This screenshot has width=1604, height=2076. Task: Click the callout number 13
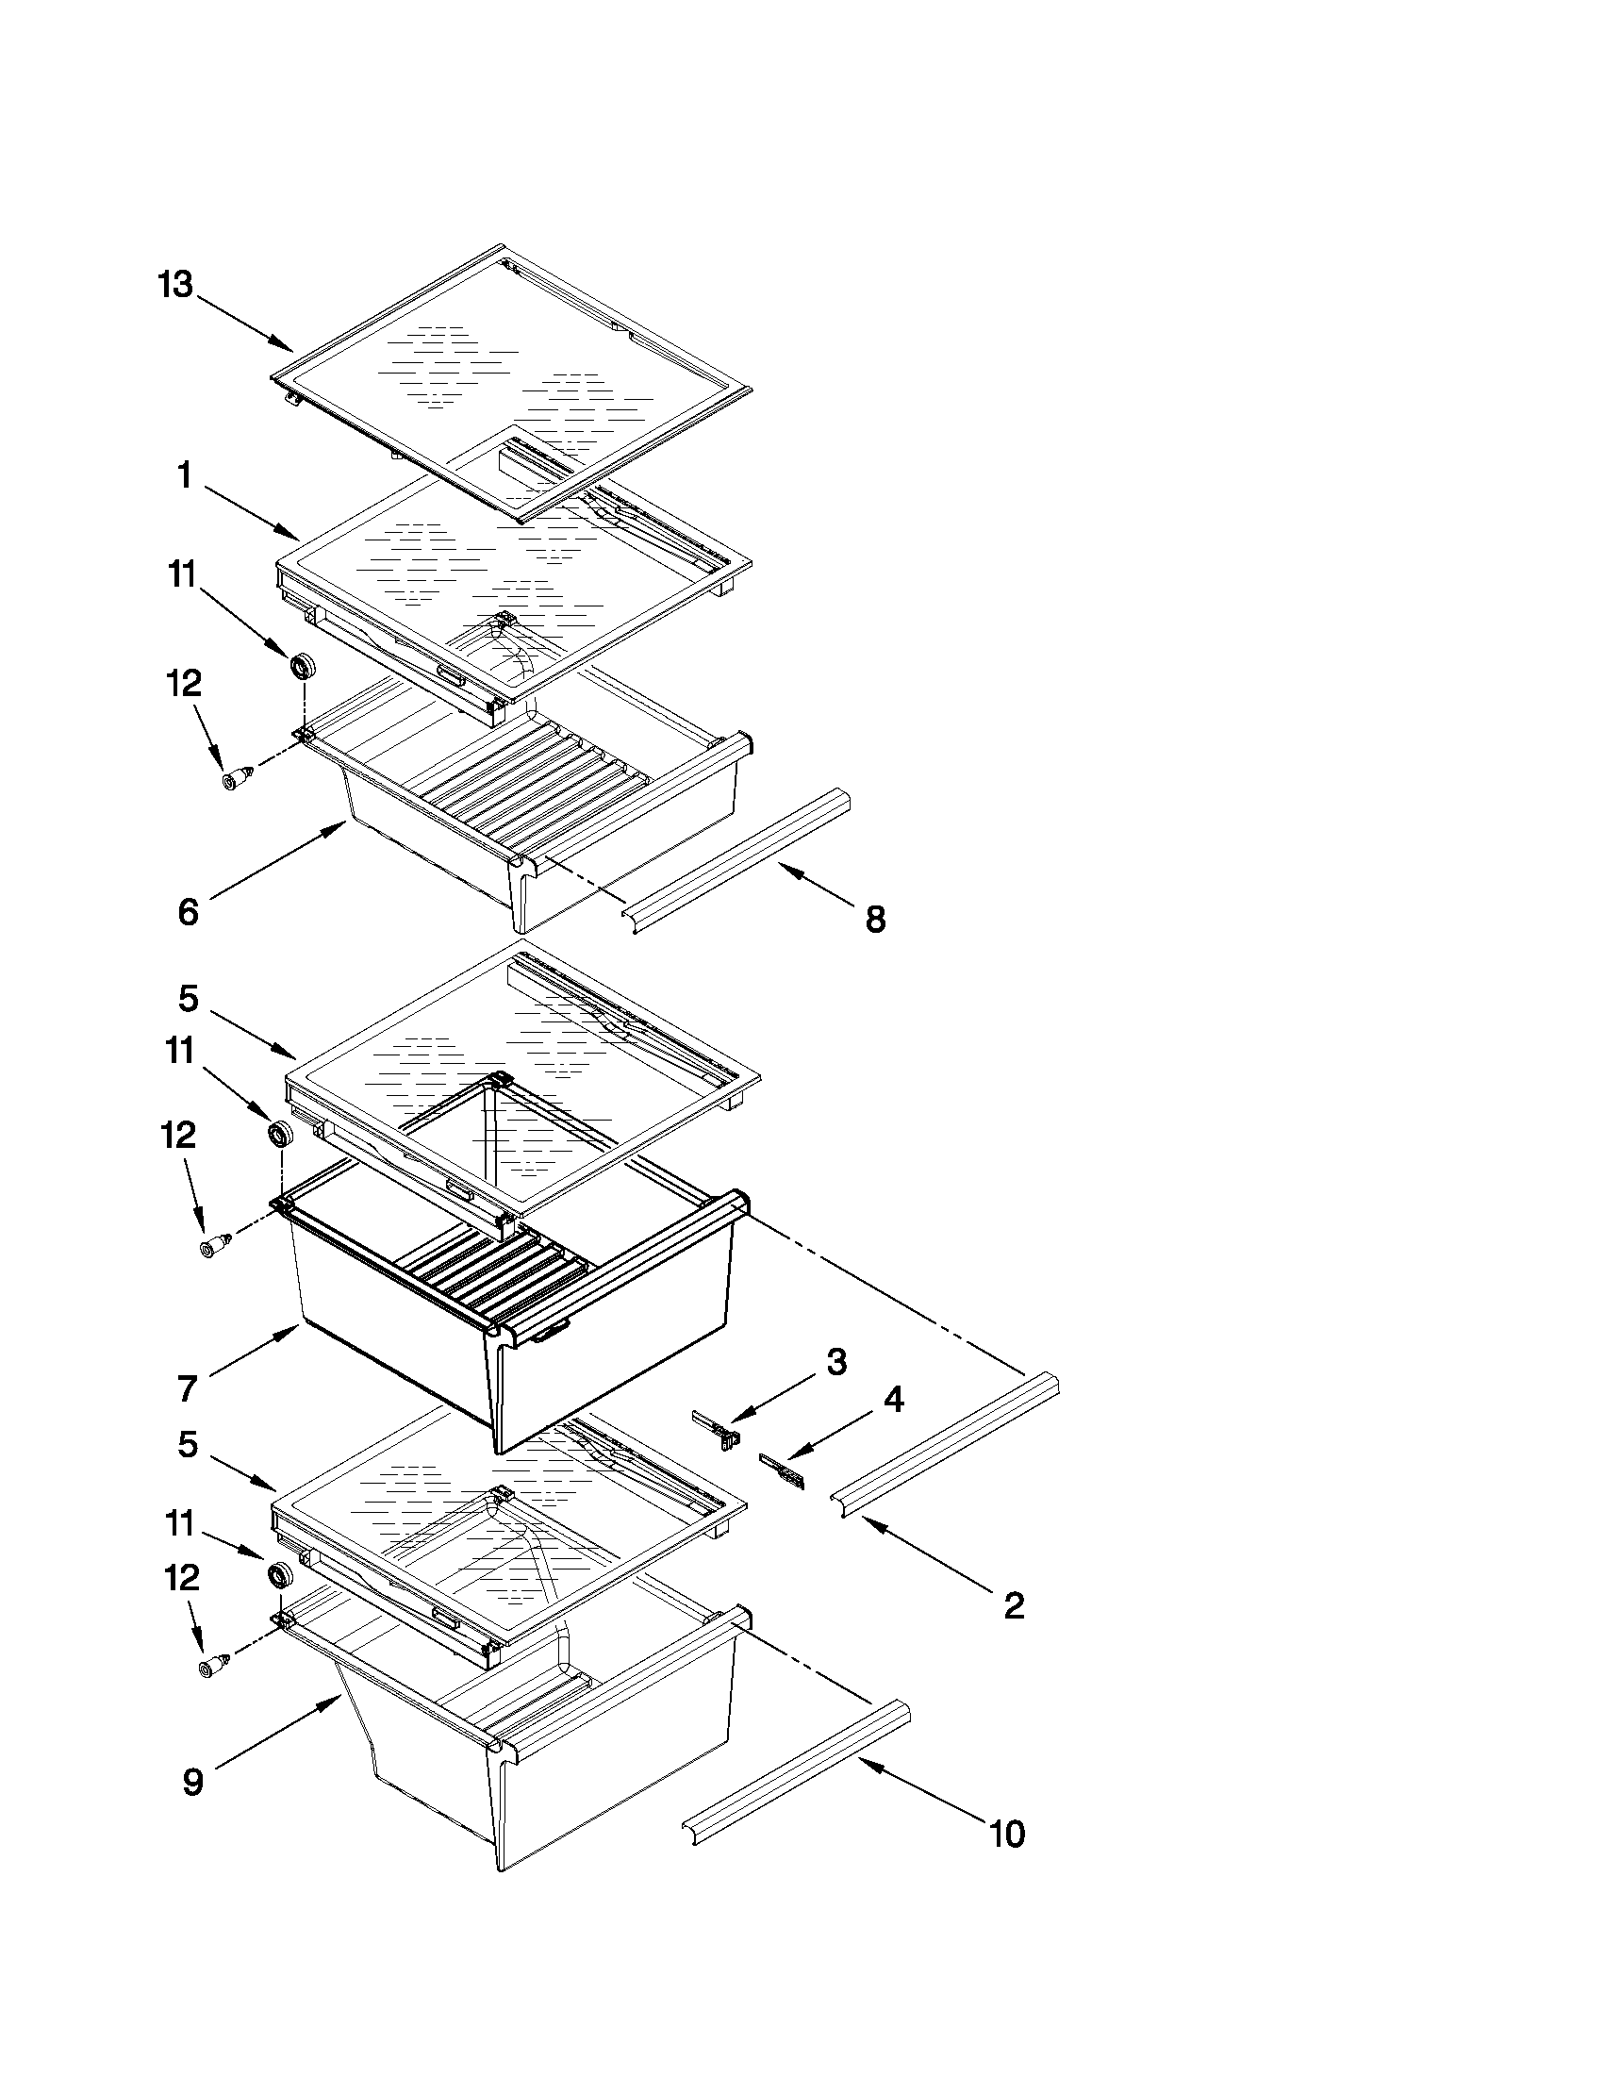(175, 284)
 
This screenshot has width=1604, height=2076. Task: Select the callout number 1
(186, 475)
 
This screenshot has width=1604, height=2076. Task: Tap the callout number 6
(189, 911)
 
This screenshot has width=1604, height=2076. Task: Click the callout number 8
(875, 920)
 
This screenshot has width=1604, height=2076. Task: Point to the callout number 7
(188, 1388)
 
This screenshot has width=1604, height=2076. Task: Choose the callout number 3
(835, 1362)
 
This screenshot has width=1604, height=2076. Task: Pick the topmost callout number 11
(181, 575)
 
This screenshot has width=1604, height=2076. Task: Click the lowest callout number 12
(181, 1578)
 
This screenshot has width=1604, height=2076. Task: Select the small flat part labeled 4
(781, 1470)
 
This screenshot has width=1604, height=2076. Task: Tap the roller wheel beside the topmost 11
(303, 665)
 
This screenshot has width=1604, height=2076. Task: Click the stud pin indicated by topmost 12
(236, 777)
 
